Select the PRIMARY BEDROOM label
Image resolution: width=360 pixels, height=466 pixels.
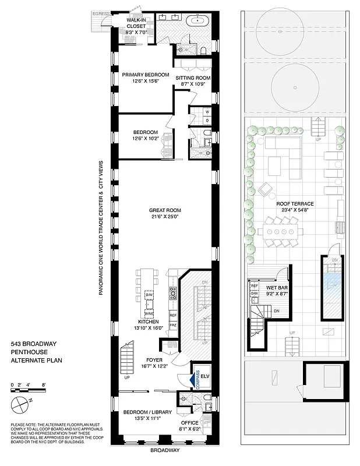(x=145, y=75)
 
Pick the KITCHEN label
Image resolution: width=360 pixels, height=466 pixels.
(x=149, y=322)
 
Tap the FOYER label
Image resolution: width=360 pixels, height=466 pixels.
(x=154, y=359)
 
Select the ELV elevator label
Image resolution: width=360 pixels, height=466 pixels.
(x=205, y=376)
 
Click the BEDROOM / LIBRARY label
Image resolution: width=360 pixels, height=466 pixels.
(x=148, y=412)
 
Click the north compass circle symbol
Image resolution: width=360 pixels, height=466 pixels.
(x=18, y=402)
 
